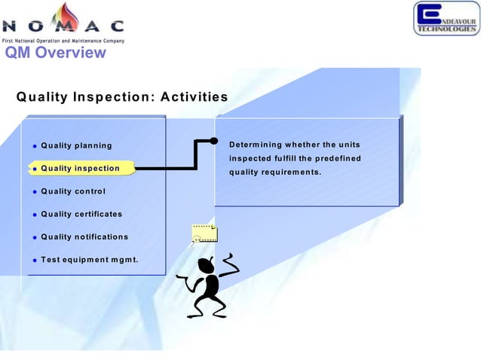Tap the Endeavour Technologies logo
pyautogui.click(x=446, y=18)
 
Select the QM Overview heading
pyautogui.click(x=55, y=53)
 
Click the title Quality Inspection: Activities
pyautogui.click(x=122, y=97)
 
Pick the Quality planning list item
pyautogui.click(x=76, y=145)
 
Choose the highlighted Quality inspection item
pyautogui.click(x=80, y=168)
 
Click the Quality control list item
pyautogui.click(x=73, y=191)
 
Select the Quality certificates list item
pyautogui.click(x=81, y=214)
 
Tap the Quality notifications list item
pyautogui.click(x=84, y=236)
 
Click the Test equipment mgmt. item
pyautogui.click(x=90, y=261)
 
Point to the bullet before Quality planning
pyautogui.click(x=34, y=146)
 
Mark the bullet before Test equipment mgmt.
pyautogui.click(x=34, y=261)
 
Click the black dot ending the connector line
pyautogui.click(x=213, y=141)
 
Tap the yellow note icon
pyautogui.click(x=204, y=233)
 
